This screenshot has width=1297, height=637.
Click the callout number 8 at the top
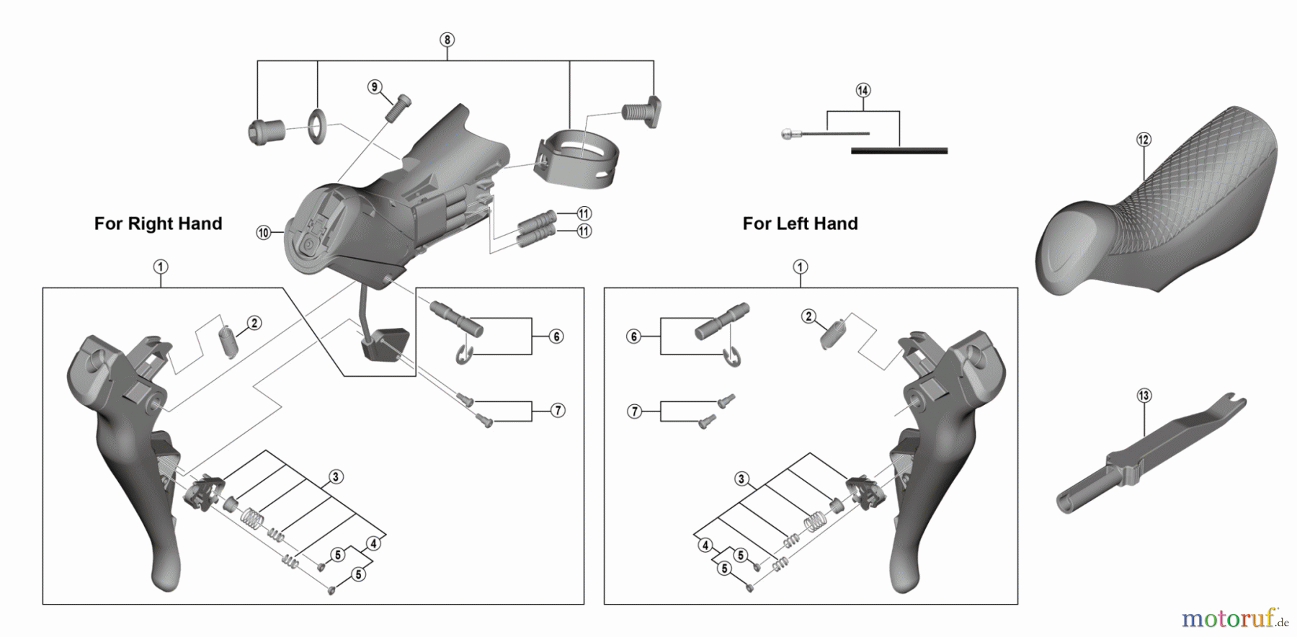pos(447,40)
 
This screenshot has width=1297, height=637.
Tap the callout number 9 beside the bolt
pos(374,87)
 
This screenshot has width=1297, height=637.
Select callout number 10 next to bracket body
pos(263,233)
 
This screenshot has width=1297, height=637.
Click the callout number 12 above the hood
pos(1144,140)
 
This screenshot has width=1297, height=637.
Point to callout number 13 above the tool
pos(1144,396)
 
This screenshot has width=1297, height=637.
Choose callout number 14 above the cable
pos(863,90)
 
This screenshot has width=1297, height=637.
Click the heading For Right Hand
pos(158,224)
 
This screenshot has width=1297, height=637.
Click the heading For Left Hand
pos(800,224)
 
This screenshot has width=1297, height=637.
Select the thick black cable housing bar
pos(899,151)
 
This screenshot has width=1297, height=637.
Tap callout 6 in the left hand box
pos(633,337)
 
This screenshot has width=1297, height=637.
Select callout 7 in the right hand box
pos(558,411)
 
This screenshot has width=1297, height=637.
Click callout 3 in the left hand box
pos(741,479)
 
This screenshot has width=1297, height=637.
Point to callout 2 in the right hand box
pos(254,323)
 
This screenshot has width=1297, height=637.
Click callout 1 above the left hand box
pos(800,267)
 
